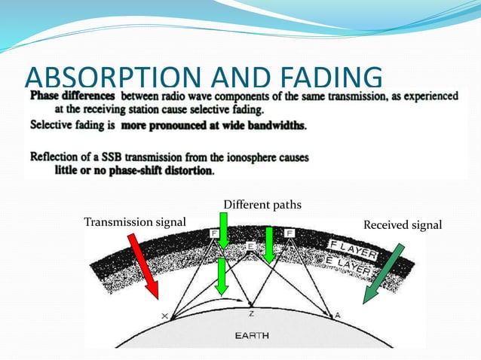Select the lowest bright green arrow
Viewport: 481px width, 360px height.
pos(221,276)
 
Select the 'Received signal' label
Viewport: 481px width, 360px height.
pos(403,225)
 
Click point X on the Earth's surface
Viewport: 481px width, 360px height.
pos(164,316)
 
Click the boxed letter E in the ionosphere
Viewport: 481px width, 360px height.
pos(251,246)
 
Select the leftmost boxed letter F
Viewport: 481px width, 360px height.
pos(214,234)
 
